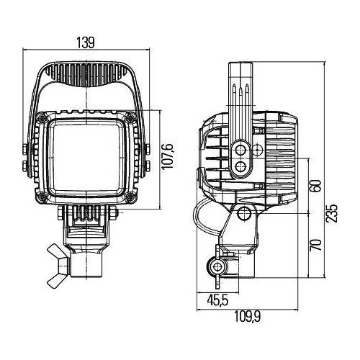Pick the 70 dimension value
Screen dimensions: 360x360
click(x=315, y=245)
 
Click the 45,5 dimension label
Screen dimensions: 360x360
click(x=213, y=300)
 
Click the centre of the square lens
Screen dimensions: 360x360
click(x=88, y=156)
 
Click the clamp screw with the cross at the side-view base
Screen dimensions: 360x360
click(x=216, y=267)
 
